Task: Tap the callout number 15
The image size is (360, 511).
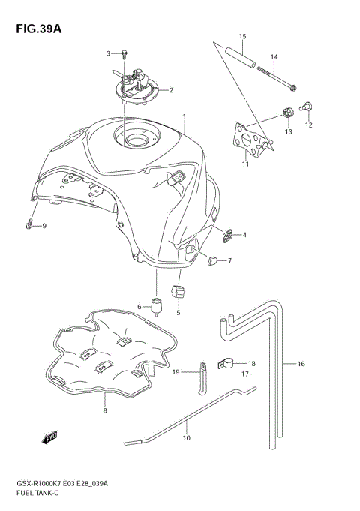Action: tap(242, 37)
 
